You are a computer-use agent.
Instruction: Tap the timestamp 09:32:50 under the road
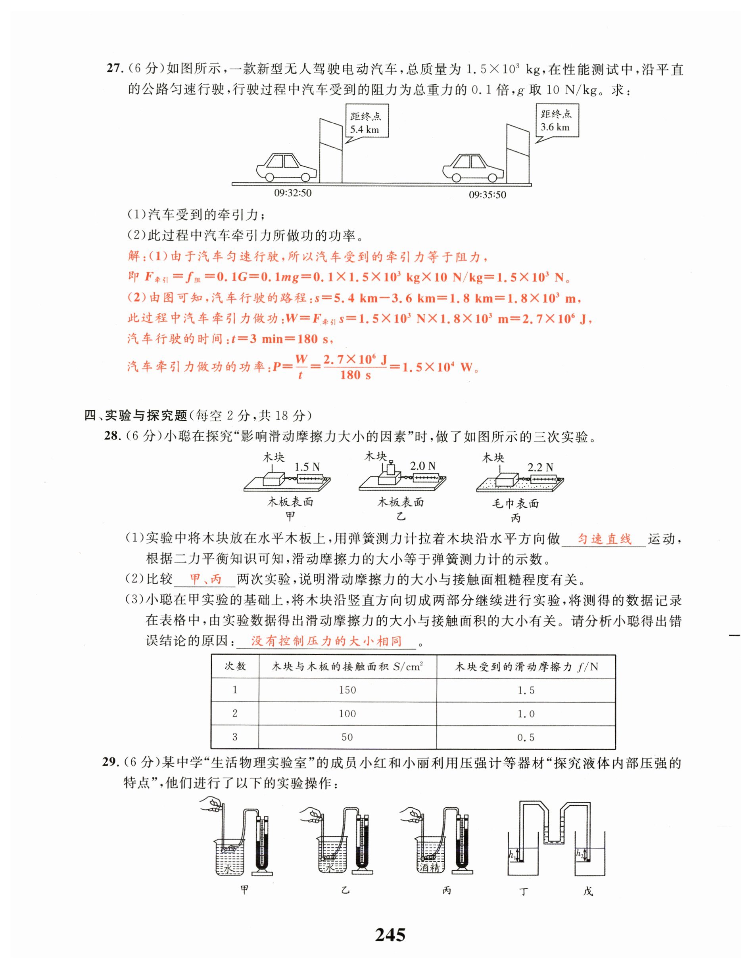(292, 193)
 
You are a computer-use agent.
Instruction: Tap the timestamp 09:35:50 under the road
(487, 194)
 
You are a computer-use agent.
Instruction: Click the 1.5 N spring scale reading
(307, 466)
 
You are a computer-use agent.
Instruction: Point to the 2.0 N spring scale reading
(422, 465)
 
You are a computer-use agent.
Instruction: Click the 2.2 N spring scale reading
(540, 467)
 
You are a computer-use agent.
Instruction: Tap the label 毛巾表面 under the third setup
(515, 503)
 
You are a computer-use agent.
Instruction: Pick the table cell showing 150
(347, 690)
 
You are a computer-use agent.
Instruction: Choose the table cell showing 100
(347, 713)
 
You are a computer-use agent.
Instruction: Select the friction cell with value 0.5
(526, 737)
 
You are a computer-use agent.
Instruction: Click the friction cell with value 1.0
(526, 713)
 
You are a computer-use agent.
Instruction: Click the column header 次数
(235, 666)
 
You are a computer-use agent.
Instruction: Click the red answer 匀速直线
(604, 539)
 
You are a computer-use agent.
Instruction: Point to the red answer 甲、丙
(205, 579)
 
